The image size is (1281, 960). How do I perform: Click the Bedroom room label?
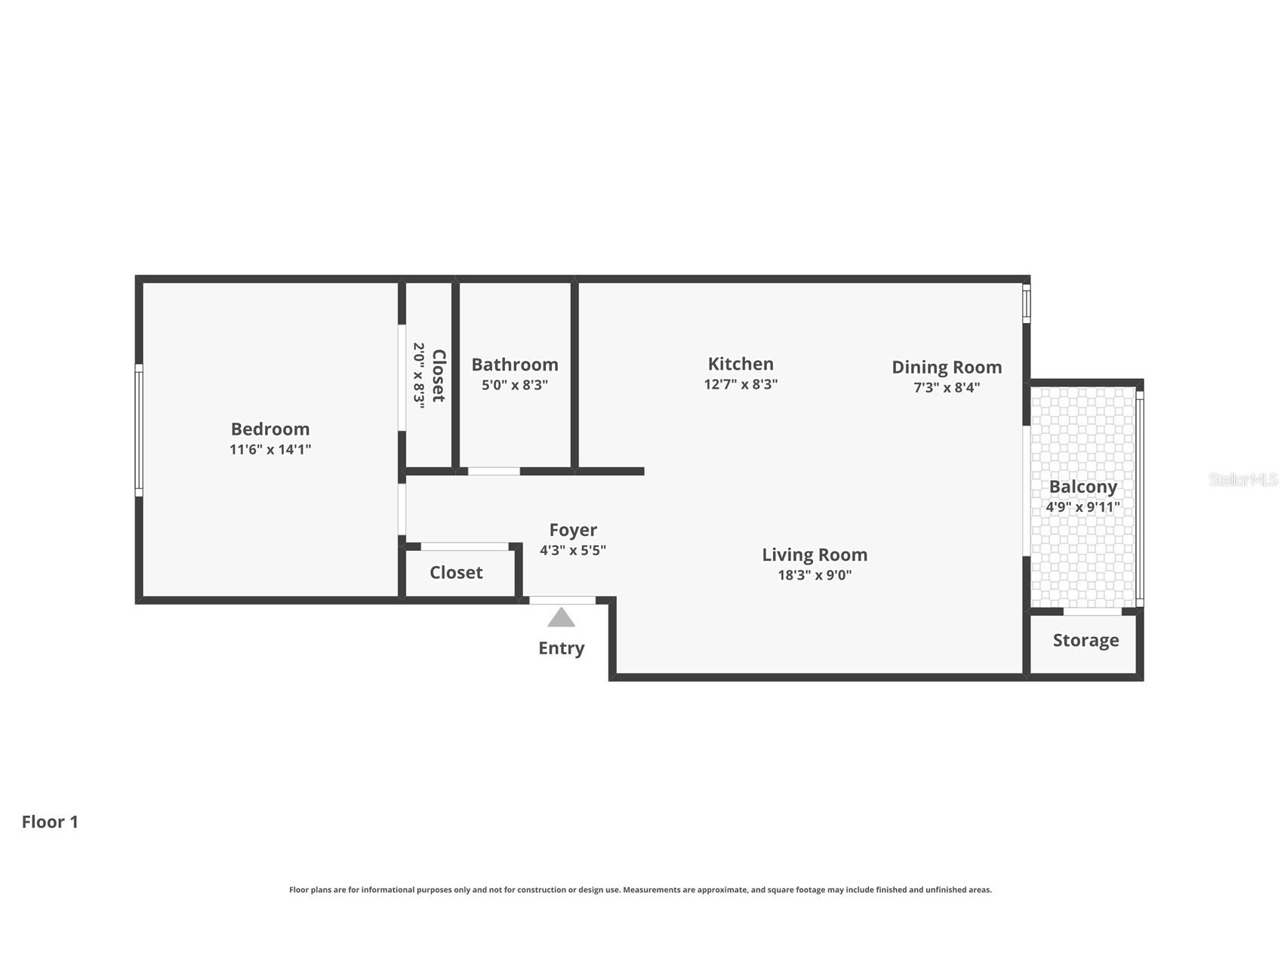(x=270, y=429)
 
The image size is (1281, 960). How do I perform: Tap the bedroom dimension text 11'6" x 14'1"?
(x=270, y=449)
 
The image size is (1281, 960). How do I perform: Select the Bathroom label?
(x=515, y=365)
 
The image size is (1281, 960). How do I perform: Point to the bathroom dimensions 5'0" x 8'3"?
(x=515, y=384)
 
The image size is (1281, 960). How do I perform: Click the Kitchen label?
(x=741, y=364)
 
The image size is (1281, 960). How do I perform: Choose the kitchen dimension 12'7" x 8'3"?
(x=741, y=383)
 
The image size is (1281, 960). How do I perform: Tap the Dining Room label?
(x=947, y=367)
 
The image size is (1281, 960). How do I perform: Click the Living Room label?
(x=814, y=555)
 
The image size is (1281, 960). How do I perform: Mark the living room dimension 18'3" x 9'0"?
(x=814, y=574)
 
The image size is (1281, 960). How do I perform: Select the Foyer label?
(x=573, y=530)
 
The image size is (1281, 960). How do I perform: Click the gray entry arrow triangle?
(x=562, y=618)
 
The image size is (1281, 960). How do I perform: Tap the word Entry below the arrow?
(x=562, y=648)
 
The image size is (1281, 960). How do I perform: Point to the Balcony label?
(x=1083, y=487)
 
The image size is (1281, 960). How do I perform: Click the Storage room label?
(x=1085, y=640)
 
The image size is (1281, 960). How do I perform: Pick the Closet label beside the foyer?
(x=456, y=572)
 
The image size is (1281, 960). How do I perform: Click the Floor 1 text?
(x=50, y=822)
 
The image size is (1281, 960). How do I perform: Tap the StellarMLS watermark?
(x=1243, y=479)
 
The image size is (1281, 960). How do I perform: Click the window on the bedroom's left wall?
(x=139, y=430)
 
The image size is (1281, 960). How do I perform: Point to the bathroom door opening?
(x=494, y=472)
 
